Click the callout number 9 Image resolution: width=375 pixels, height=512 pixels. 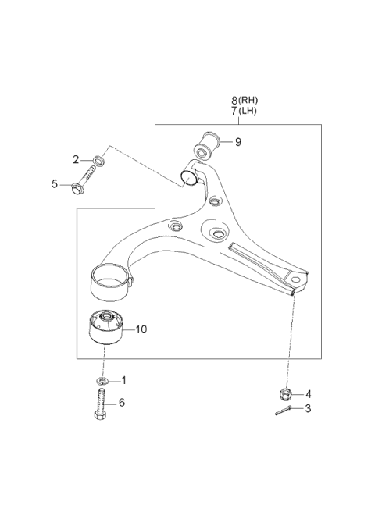point(238,142)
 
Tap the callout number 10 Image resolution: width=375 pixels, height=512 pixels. point(141,329)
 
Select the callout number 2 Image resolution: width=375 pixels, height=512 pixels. point(77,160)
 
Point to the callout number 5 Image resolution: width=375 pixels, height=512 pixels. point(55,184)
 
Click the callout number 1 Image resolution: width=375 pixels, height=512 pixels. point(123,380)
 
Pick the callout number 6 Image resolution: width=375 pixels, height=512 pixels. point(123,403)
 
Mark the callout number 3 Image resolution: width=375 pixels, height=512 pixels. point(309,407)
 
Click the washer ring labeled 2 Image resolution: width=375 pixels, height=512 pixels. point(96,162)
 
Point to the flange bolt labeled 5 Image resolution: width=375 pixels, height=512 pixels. point(83,187)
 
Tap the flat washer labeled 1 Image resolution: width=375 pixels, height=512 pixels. point(102,380)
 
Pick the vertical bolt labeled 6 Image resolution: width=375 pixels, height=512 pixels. point(102,406)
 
